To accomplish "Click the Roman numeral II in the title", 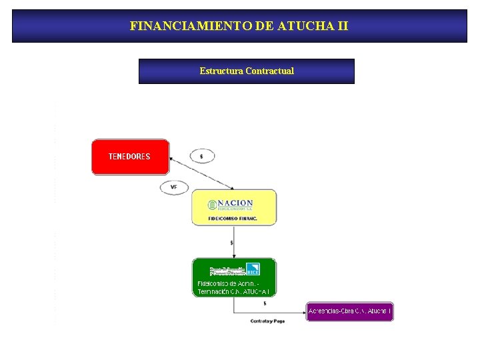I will pos(341,27).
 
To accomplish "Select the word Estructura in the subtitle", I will pos(221,71).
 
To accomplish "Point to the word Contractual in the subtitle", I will pos(269,71).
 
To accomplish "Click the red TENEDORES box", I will pos(130,157).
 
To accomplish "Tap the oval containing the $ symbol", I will pos(202,156).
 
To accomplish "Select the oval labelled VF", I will pos(174,187).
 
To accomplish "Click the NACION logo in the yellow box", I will pos(231,204).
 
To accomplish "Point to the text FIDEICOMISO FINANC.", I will pos(233,218).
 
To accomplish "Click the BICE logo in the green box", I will pos(252,269).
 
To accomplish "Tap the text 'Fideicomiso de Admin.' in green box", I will pos(229,284).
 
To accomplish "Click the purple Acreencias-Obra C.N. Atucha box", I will pos(349,311).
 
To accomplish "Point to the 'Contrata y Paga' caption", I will pos(267,321).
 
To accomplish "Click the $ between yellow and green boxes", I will pos(231,243).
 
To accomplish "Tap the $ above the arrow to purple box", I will pos(265,304).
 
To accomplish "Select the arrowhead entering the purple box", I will pos(304,312).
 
